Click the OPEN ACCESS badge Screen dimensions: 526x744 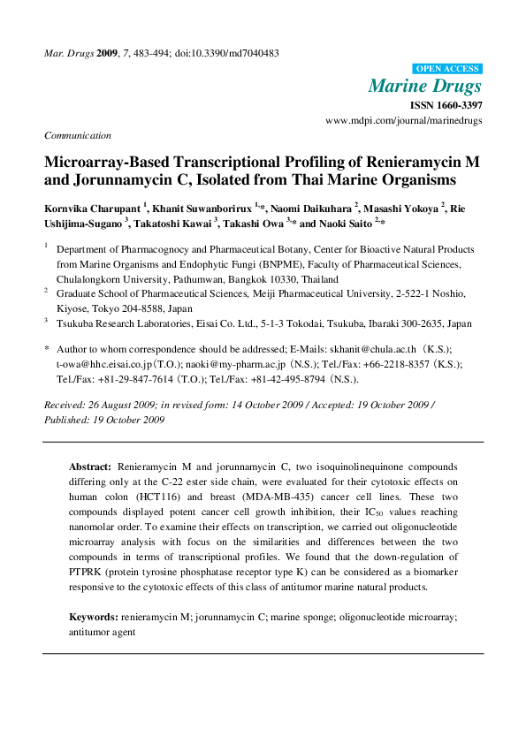tap(447, 68)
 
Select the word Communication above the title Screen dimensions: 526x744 tap(78, 135)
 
